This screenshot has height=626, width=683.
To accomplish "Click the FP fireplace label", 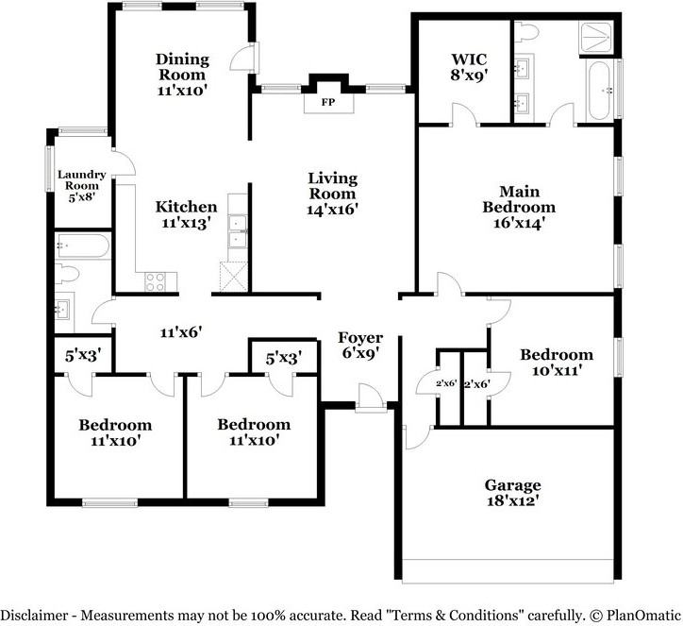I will point(328,101).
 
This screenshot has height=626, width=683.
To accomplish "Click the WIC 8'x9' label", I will point(469,67).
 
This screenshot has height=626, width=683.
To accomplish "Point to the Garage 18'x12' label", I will point(512,494).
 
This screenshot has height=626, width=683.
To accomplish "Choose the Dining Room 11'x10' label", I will point(181,75).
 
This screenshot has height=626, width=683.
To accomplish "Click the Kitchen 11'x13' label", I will point(186,214).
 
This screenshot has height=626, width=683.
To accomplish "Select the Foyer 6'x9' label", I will point(360,346).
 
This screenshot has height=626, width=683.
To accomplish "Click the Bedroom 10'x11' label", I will point(557,363).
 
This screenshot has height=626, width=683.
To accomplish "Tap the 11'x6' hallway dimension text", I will point(182,332).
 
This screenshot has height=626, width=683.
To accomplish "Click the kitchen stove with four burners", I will point(155,280).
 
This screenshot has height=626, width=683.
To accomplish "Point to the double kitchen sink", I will point(236,232).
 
